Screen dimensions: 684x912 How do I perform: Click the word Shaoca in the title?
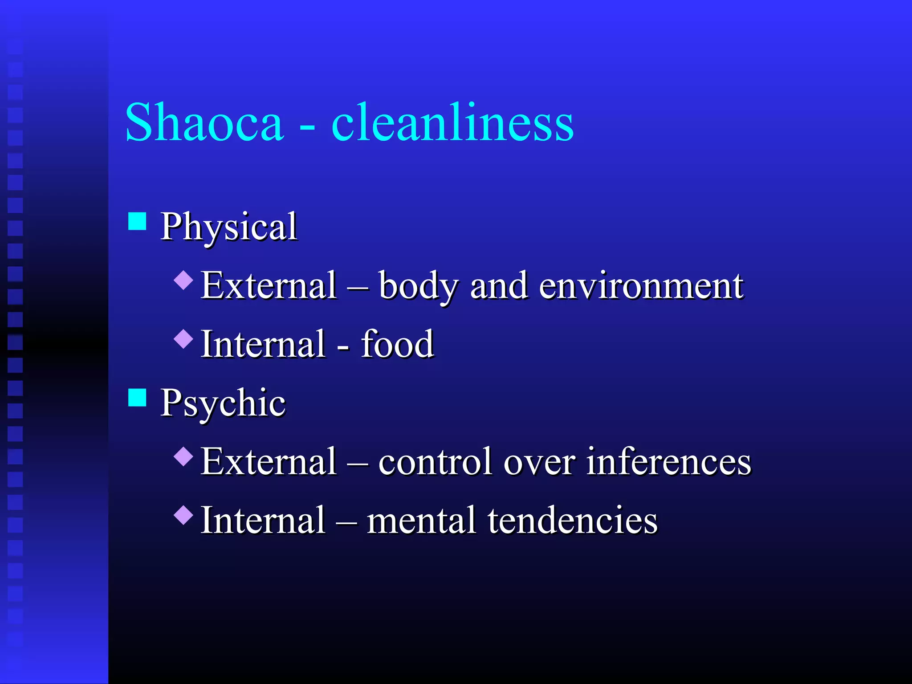[204, 122]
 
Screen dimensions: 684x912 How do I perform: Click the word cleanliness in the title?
[452, 122]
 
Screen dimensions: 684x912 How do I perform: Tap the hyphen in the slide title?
[307, 127]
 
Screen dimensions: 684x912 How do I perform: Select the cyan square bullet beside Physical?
[137, 221]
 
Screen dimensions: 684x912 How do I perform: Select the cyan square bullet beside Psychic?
[137, 397]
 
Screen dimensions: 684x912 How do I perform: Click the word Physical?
[228, 227]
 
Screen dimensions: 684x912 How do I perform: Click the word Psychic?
[223, 403]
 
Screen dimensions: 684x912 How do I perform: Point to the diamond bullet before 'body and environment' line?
[183, 281]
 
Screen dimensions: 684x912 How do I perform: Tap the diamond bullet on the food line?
[183, 339]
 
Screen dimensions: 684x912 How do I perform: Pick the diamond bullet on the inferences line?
[183, 456]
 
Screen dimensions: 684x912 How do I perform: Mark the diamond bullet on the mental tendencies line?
[183, 515]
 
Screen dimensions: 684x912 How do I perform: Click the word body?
[418, 286]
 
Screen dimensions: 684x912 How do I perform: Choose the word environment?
[641, 286]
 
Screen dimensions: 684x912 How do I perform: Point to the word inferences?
[668, 462]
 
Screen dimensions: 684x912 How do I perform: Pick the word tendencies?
[572, 521]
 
